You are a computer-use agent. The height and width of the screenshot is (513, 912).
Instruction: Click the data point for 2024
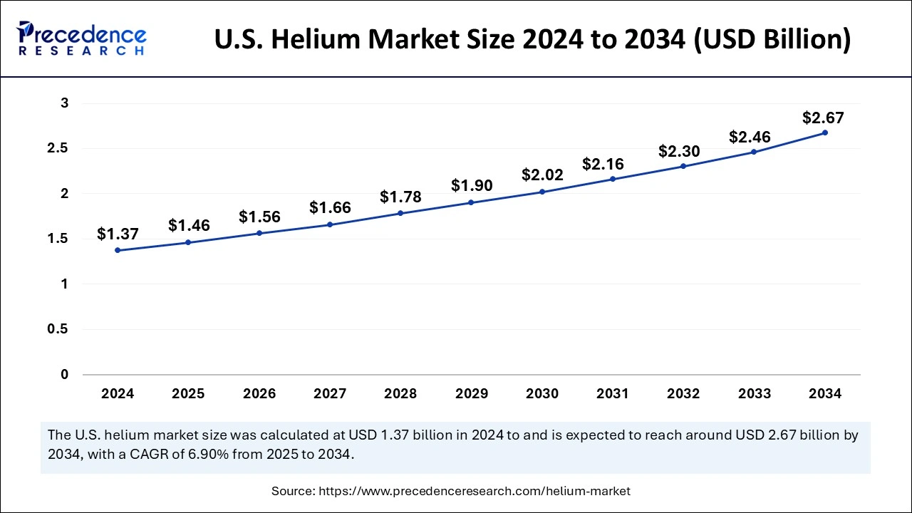click(118, 250)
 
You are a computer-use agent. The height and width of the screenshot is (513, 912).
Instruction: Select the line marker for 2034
click(825, 133)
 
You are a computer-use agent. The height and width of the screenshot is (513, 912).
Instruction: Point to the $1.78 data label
click(400, 196)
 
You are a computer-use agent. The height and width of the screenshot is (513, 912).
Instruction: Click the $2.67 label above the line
click(824, 118)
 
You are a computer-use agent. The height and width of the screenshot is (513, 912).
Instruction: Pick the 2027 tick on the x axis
click(330, 393)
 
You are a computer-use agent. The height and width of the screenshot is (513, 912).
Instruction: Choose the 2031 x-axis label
click(613, 393)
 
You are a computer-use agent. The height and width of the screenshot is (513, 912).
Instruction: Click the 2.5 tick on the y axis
click(60, 148)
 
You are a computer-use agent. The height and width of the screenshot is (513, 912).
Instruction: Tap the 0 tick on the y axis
click(65, 374)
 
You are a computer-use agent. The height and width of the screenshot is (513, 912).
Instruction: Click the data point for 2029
click(472, 202)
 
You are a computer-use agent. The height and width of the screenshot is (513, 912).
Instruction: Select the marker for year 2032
click(683, 166)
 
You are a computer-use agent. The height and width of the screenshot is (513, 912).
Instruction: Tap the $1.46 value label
click(189, 226)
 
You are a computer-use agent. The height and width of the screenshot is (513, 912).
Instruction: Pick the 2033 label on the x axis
click(755, 393)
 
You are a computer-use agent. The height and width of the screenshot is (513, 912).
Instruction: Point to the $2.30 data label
click(679, 151)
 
